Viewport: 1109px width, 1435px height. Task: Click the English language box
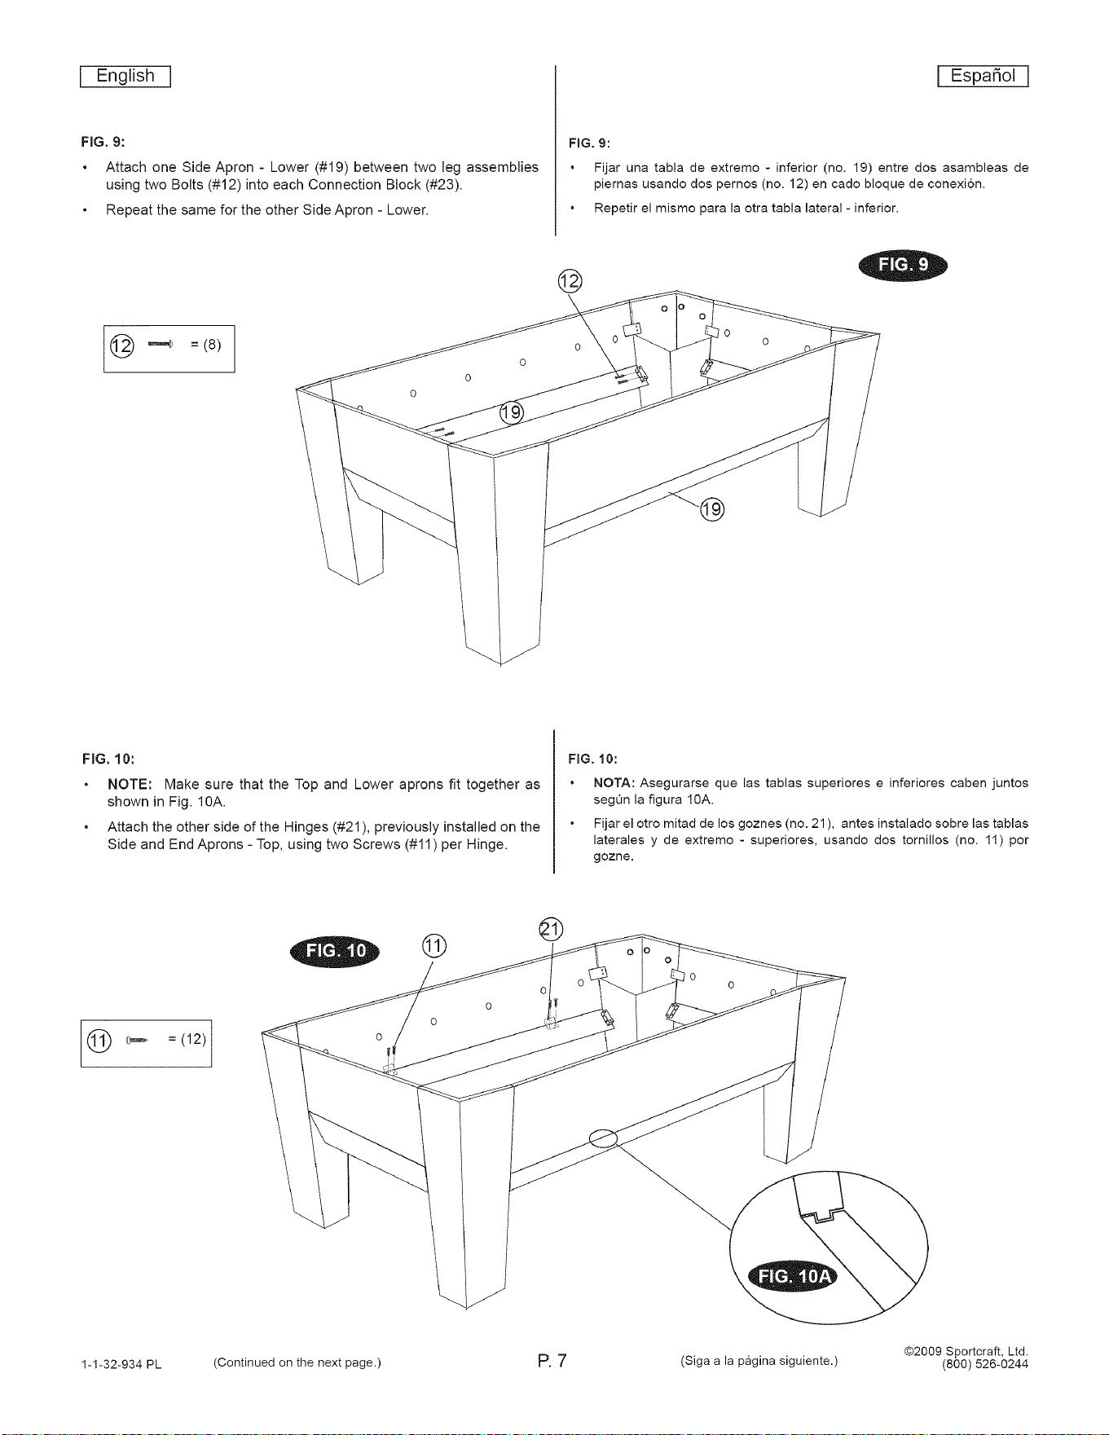tap(125, 76)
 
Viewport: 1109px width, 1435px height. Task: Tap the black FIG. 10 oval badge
tap(335, 952)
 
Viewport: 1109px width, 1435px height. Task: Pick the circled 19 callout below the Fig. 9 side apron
tap(712, 510)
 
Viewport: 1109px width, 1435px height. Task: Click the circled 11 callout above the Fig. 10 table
tap(434, 946)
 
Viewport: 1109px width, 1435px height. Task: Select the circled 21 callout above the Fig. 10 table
tap(552, 929)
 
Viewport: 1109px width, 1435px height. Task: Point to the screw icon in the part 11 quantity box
tap(138, 1040)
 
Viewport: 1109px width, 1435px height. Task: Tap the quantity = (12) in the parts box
tap(187, 1039)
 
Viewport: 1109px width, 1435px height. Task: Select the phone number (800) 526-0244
tap(985, 1366)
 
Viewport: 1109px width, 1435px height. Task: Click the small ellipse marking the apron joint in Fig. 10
tap(604, 1138)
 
